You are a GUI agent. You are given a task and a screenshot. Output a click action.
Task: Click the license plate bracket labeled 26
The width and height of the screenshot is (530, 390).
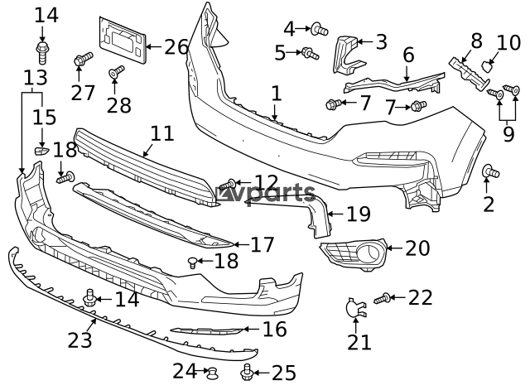click(123, 40)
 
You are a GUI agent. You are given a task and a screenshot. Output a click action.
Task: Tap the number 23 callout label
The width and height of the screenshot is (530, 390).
click(79, 340)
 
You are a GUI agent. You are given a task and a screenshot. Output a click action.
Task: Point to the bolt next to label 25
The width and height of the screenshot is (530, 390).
click(247, 372)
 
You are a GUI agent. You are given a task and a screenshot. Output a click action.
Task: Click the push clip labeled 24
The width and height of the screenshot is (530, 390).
click(212, 373)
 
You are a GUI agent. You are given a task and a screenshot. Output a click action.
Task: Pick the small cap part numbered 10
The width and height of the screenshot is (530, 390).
click(486, 66)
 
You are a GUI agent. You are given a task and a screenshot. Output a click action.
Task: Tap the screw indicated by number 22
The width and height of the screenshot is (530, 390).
click(383, 298)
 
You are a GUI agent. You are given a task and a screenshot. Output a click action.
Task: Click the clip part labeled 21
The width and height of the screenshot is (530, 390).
click(356, 307)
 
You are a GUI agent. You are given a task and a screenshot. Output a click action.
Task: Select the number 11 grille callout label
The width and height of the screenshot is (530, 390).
click(162, 133)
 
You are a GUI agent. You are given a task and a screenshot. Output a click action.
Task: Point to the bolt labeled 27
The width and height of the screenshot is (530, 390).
click(83, 60)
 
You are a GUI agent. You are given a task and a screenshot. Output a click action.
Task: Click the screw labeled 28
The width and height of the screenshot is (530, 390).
click(117, 72)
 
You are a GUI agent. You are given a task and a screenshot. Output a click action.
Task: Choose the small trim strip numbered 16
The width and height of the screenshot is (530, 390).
click(206, 330)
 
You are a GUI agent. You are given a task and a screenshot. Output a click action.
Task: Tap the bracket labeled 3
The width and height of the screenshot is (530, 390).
click(348, 54)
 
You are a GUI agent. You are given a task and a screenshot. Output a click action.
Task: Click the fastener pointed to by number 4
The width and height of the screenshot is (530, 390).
click(319, 29)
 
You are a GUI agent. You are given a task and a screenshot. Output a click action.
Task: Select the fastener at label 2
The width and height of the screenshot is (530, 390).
click(490, 171)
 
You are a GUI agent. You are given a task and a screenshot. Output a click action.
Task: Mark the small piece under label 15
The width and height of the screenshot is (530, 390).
click(41, 150)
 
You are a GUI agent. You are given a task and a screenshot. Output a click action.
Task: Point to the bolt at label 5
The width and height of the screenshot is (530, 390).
click(310, 53)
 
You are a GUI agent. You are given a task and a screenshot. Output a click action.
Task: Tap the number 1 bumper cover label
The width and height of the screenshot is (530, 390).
click(276, 94)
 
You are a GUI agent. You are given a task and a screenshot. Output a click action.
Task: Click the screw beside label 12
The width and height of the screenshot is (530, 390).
click(228, 185)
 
